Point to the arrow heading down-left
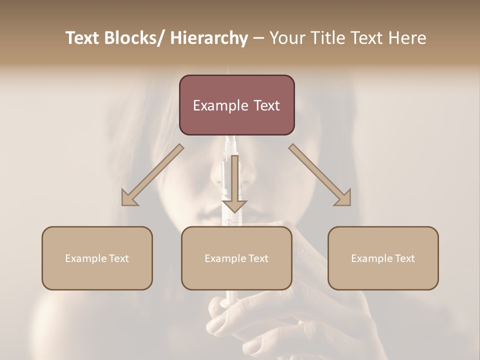[152, 175]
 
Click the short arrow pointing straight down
[234, 185]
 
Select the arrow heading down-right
[320, 175]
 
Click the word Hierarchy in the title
[209, 38]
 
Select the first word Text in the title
[82, 38]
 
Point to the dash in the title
[258, 38]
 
